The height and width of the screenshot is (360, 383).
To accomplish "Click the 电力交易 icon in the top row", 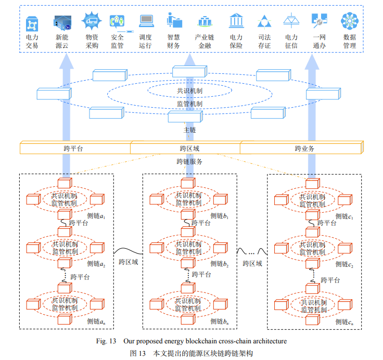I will coord(32,21).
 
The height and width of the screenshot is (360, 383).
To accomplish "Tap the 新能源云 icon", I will coord(62,21).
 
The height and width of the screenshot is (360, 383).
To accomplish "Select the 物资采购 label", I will coord(92,42).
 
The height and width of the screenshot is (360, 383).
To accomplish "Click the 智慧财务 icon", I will coord(173,21).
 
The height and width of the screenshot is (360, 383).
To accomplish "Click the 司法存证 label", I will coord(264,42).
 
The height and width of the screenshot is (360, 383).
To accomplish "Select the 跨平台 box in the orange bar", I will coord(74,148).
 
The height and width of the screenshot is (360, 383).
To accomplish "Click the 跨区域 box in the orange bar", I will coord(186,148).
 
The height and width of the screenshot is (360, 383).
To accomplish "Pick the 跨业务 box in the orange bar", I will coord(304,148).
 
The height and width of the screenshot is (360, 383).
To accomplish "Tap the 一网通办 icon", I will coord(319,21).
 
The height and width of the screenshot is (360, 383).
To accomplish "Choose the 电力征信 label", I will coord(291,42).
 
